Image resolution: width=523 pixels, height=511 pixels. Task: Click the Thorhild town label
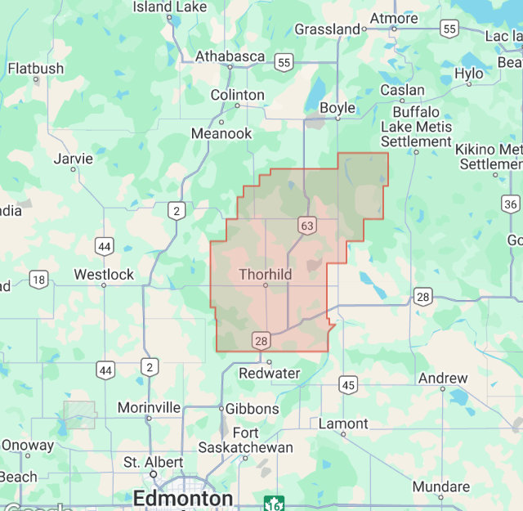click(x=265, y=275)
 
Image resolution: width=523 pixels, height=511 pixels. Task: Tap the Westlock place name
click(x=104, y=275)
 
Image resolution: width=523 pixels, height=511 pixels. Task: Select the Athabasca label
click(x=230, y=56)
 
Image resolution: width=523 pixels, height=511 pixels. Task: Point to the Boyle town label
click(x=337, y=108)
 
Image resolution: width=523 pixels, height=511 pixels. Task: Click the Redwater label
click(x=270, y=373)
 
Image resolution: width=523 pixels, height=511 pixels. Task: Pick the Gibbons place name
click(x=253, y=409)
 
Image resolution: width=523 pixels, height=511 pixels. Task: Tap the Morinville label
click(x=149, y=407)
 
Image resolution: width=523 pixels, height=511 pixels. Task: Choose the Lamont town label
click(x=343, y=424)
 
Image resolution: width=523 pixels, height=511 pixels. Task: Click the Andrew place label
click(x=443, y=379)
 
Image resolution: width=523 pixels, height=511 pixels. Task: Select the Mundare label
click(x=441, y=486)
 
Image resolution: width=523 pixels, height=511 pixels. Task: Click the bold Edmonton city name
click(x=183, y=499)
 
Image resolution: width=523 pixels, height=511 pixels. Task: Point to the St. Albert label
click(x=153, y=462)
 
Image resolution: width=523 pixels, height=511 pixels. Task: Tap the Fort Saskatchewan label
click(x=246, y=440)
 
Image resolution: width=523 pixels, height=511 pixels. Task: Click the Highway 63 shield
click(x=306, y=226)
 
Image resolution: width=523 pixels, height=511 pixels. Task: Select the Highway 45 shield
click(x=349, y=384)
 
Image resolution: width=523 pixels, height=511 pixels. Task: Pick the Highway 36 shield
click(x=511, y=204)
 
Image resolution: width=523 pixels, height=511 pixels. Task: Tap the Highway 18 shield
click(x=38, y=280)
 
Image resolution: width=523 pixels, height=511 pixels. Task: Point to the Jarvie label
click(x=74, y=159)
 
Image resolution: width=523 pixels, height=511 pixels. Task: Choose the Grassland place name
click(x=328, y=29)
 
